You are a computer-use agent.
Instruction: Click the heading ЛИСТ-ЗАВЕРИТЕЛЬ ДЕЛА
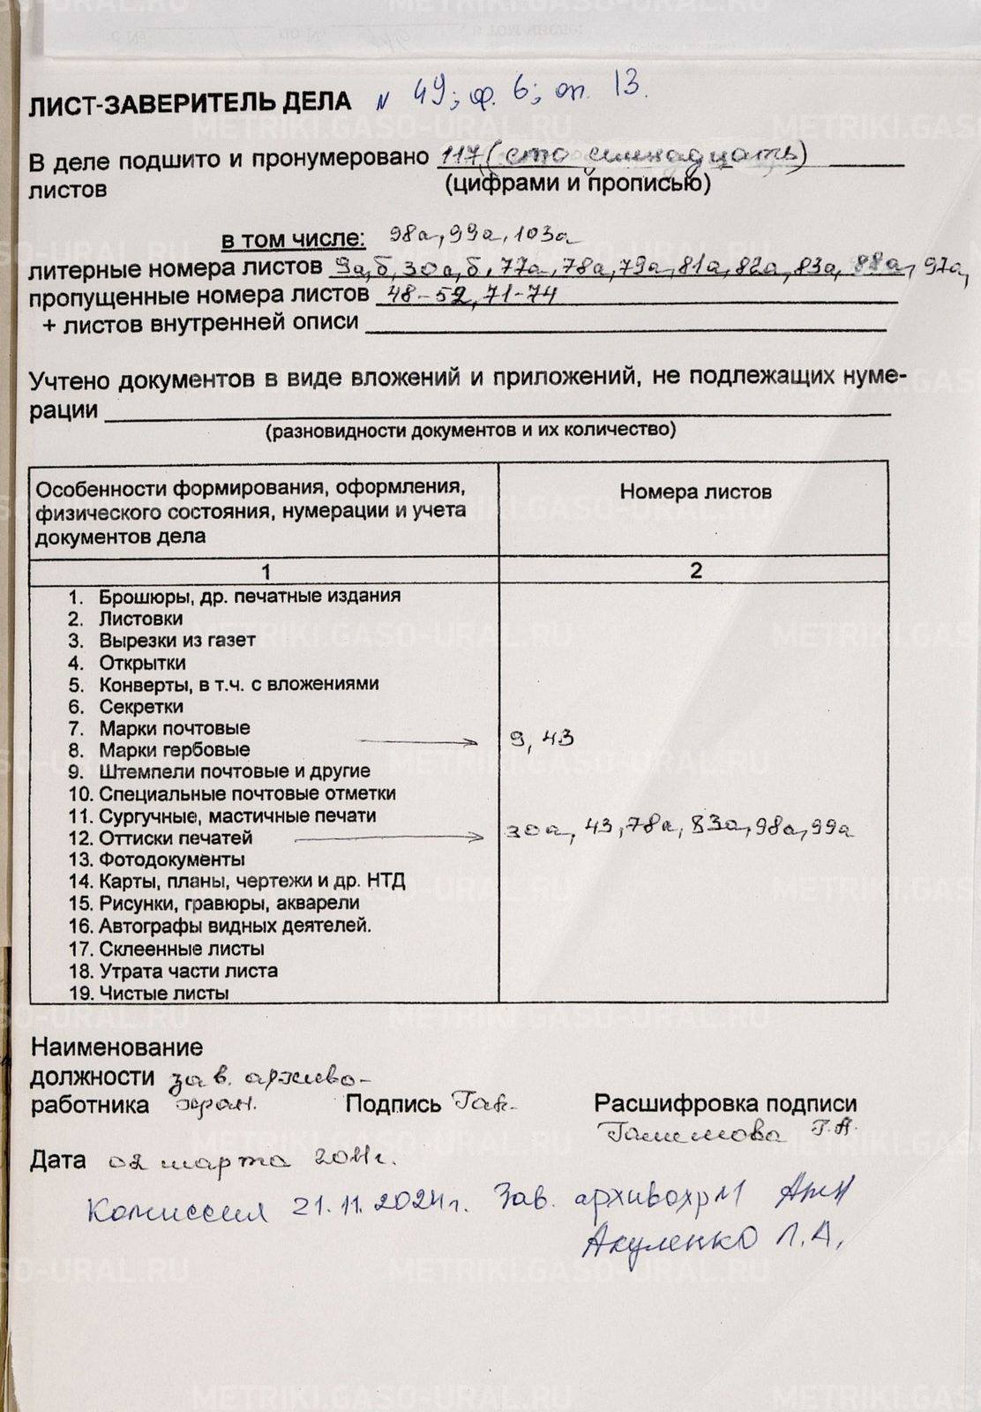(190, 104)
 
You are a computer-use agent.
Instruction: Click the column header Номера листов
(694, 492)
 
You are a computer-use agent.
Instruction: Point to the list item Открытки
(142, 662)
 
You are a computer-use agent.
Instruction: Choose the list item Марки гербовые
(174, 750)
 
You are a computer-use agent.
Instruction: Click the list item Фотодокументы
(171, 860)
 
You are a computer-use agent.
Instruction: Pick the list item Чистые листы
(163, 993)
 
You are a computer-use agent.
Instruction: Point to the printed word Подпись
(393, 1103)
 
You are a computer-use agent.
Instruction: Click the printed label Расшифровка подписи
(724, 1103)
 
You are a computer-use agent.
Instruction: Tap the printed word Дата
(58, 1160)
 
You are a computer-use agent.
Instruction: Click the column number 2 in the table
(695, 570)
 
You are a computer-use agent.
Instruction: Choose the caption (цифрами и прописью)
(577, 184)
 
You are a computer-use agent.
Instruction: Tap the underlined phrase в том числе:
(292, 239)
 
